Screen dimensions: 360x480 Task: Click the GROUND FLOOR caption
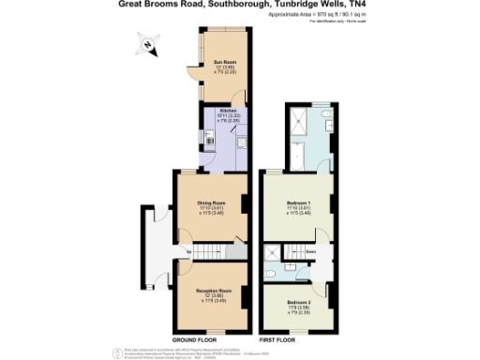tap(198, 339)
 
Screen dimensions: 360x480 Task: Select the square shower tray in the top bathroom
tap(297, 116)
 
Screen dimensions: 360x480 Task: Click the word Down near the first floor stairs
tap(309, 251)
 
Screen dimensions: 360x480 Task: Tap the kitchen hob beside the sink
tap(242, 143)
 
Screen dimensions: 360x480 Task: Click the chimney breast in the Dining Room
tap(246, 204)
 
